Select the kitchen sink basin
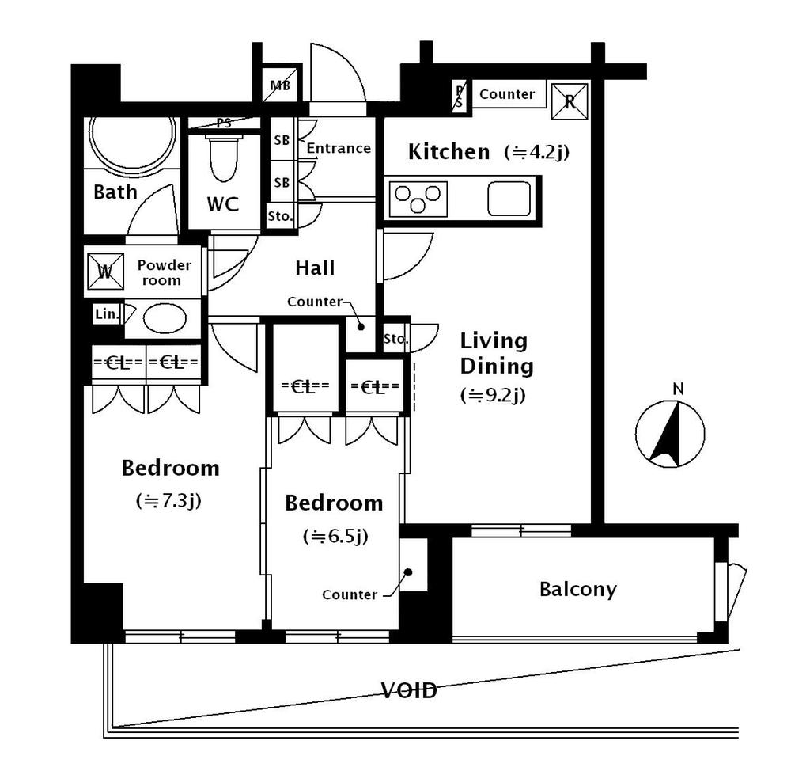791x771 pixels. click(509, 199)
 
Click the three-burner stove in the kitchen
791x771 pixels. click(418, 199)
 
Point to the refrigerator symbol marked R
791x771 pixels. click(570, 101)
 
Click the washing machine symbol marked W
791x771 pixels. click(105, 272)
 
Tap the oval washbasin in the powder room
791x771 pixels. click(165, 318)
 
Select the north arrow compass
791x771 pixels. click(670, 434)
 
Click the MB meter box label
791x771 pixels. click(280, 85)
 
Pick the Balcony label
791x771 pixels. click(577, 589)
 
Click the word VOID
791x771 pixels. click(409, 691)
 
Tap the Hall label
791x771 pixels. click(315, 268)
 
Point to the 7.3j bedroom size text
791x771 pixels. click(168, 500)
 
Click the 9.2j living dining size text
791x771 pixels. click(493, 395)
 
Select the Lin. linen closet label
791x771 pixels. click(107, 314)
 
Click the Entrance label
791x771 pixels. click(339, 149)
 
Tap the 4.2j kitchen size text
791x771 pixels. click(537, 152)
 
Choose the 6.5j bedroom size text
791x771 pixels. click(335, 536)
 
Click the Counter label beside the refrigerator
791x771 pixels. click(507, 94)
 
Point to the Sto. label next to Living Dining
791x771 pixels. click(396, 339)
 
